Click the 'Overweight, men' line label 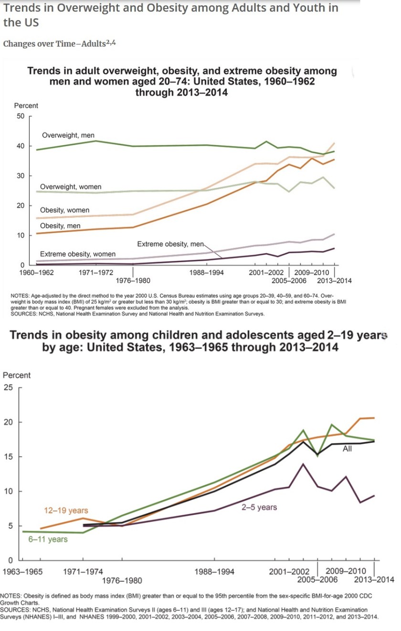pos(68,136)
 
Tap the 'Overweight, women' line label pos(71,187)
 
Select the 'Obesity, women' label pos(64,210)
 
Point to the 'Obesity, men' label pos(60,225)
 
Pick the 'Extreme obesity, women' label pos(78,254)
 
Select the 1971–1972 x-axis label pos(96,273)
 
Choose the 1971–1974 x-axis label pos(83,571)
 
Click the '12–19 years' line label pos(66,511)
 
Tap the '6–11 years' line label pos(48,539)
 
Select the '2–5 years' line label pos(259,507)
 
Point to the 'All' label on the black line pos(347,449)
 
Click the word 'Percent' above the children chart pos(17,375)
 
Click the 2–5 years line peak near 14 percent pos(302,464)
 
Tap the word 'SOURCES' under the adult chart pos(23,314)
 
